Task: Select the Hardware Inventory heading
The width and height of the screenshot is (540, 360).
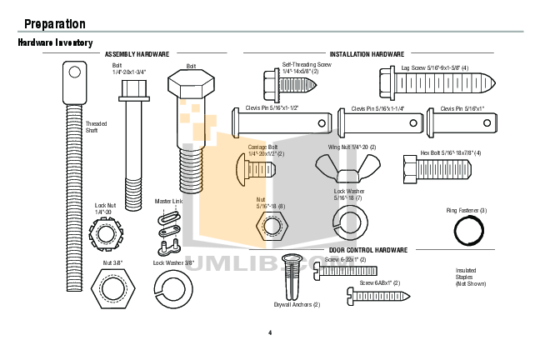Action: click(55, 42)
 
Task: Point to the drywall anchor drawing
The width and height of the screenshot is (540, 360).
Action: click(292, 278)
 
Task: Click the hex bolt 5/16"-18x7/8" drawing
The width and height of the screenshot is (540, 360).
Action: click(437, 171)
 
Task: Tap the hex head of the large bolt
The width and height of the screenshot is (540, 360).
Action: click(192, 85)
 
